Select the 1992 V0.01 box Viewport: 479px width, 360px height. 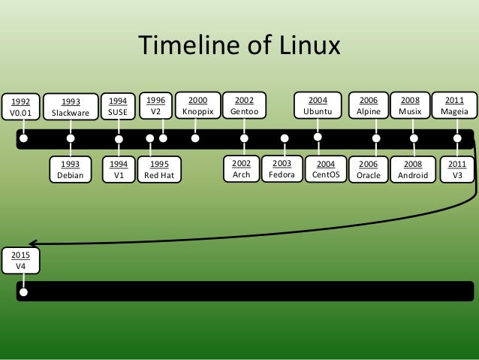tap(23, 107)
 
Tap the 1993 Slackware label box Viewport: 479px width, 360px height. tap(71, 107)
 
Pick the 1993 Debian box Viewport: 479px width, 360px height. tap(71, 170)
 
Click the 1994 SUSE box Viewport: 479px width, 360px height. tap(119, 107)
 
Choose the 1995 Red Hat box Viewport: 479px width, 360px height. tap(159, 170)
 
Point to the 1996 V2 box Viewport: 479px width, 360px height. tap(156, 105)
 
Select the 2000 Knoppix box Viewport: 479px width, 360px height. tap(197, 105)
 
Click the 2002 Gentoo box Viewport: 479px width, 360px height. tap(244, 105)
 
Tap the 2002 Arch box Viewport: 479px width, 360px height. tap(242, 170)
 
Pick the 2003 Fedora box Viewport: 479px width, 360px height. tap(282, 170)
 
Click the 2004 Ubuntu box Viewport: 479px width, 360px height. tap(318, 105)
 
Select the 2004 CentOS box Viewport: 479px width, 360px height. tap(327, 170)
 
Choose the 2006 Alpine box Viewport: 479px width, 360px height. tap(369, 105)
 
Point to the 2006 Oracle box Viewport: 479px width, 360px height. tap(369, 170)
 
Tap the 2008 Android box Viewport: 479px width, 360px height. tap(413, 170)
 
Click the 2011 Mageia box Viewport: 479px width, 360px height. tap(454, 105)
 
